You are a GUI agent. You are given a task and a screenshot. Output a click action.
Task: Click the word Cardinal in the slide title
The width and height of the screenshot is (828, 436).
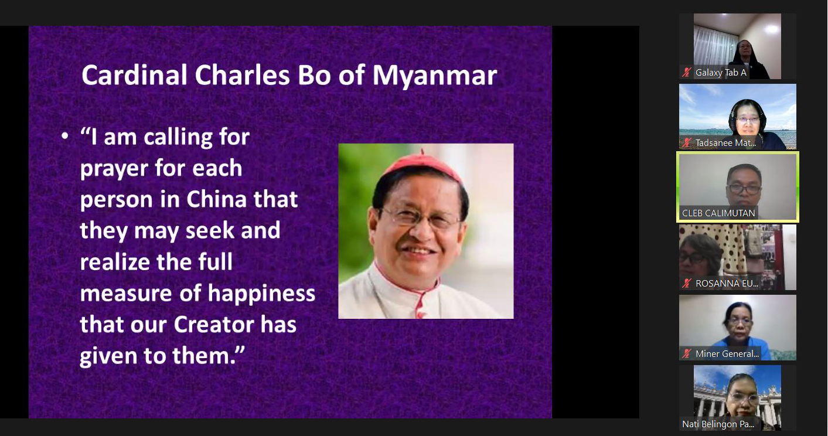(x=134, y=76)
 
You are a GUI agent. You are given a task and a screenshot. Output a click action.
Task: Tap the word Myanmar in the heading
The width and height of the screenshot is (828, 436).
(x=435, y=77)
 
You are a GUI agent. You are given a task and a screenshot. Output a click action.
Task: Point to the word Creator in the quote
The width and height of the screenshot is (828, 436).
(x=214, y=325)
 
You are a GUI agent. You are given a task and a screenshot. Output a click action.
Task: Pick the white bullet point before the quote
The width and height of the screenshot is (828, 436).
(x=65, y=137)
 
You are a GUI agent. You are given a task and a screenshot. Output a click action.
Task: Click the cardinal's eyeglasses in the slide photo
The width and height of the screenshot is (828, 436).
(x=419, y=217)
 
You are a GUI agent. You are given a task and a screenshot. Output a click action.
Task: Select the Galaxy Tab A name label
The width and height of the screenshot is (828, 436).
(x=721, y=73)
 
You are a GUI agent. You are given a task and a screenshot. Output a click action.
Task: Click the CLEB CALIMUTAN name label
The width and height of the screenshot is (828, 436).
(x=718, y=213)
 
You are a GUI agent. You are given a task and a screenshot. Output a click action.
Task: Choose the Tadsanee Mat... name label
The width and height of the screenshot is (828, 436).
(x=725, y=143)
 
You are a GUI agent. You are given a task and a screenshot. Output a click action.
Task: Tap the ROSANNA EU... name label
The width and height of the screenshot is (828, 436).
(x=727, y=283)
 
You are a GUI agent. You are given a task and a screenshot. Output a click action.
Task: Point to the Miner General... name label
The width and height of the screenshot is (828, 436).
(x=727, y=353)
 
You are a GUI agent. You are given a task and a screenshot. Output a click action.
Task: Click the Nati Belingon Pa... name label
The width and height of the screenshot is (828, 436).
(x=718, y=424)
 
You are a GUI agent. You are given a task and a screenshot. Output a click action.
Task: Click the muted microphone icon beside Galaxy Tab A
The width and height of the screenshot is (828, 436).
(x=687, y=73)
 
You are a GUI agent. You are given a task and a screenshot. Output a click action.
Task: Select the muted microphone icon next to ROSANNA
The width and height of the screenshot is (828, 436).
(x=687, y=283)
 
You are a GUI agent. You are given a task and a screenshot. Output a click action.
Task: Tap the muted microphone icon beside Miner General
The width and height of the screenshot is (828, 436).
(x=687, y=353)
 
